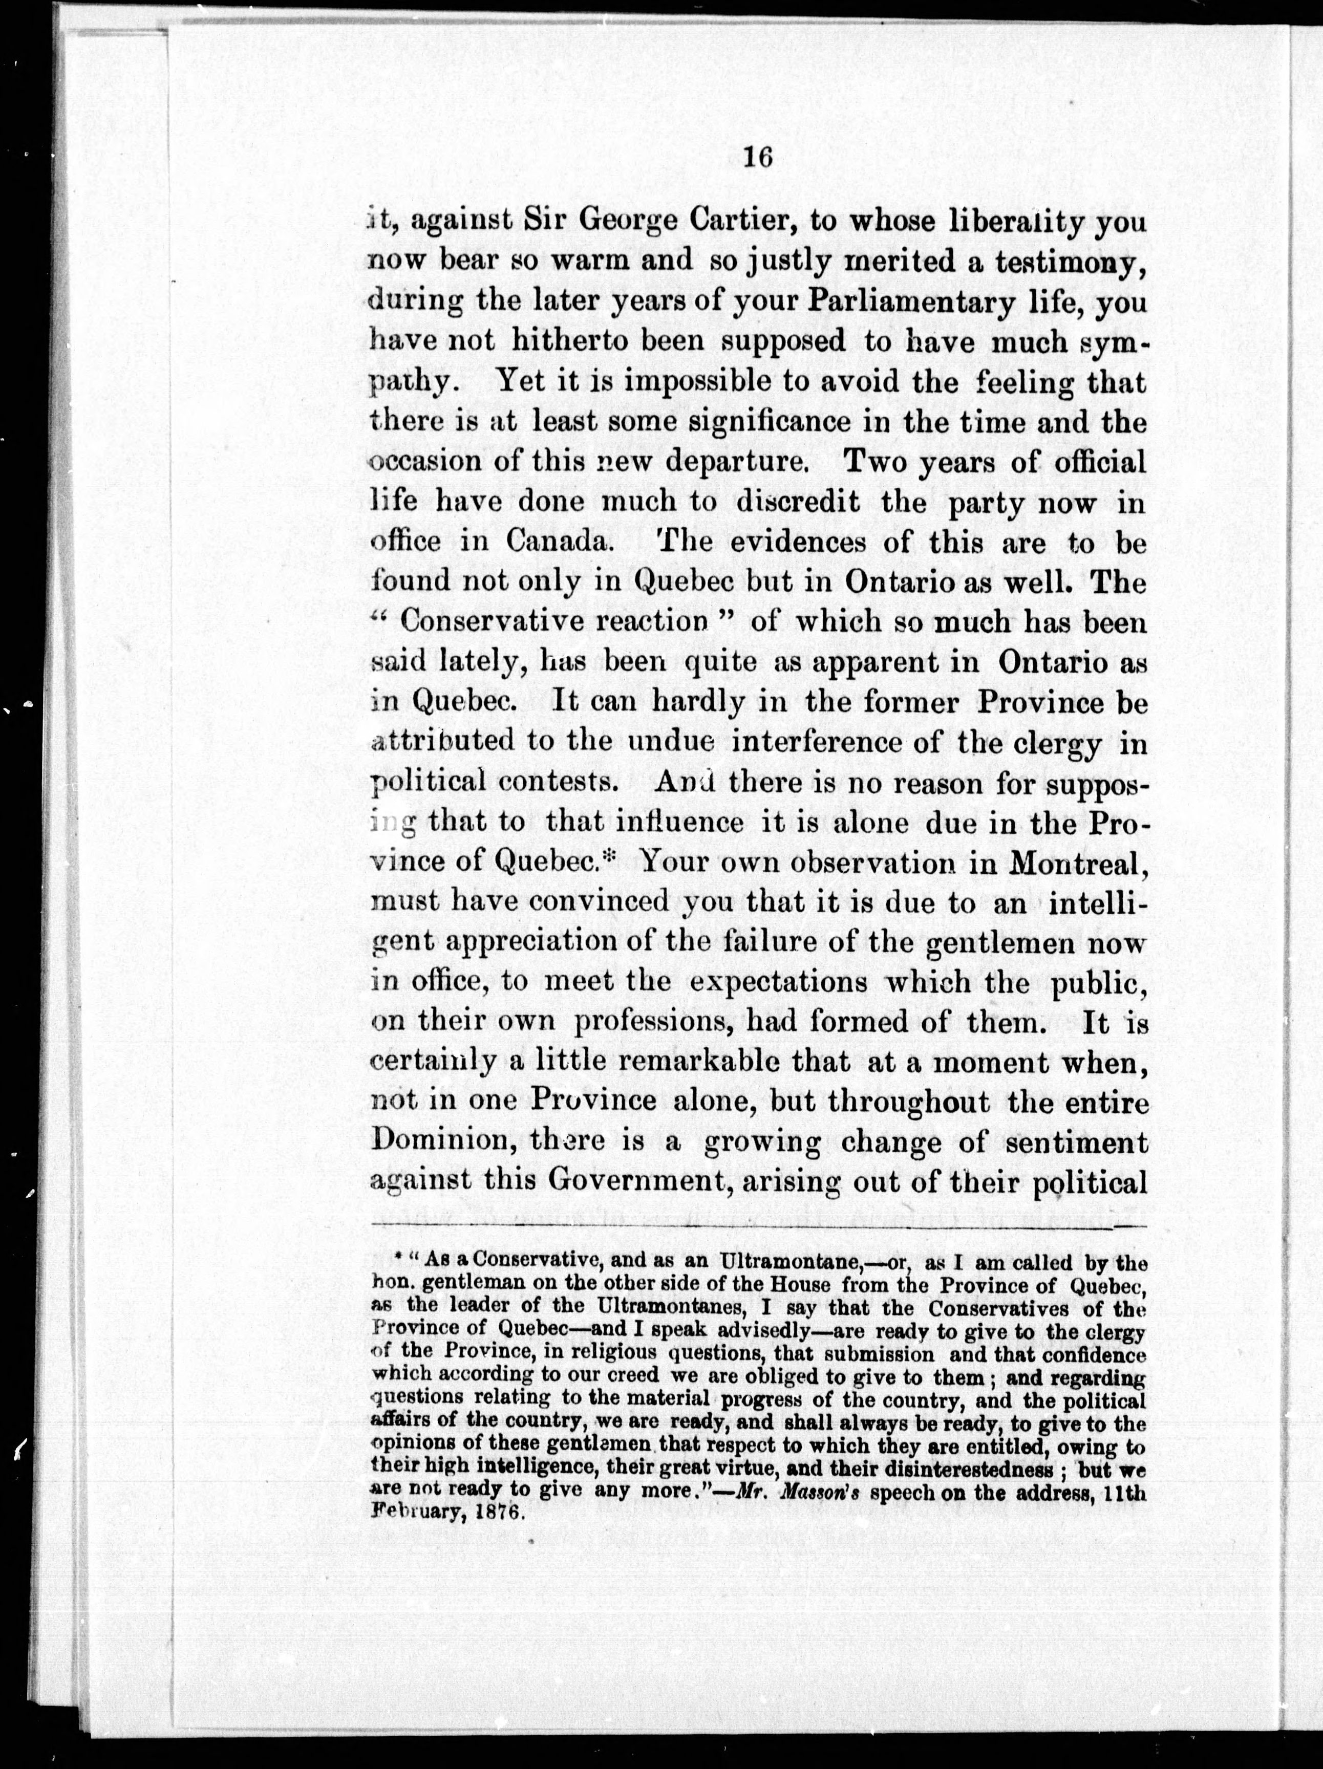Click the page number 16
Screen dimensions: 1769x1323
pos(756,158)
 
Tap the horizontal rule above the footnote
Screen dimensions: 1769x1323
pos(760,1227)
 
